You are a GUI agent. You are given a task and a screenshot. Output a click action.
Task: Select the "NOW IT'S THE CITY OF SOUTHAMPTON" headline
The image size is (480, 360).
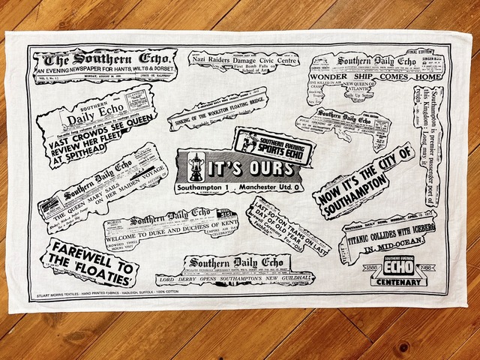pos(366,182)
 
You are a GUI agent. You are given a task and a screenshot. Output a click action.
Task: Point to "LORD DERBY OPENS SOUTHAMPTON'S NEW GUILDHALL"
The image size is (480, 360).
pos(238,277)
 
